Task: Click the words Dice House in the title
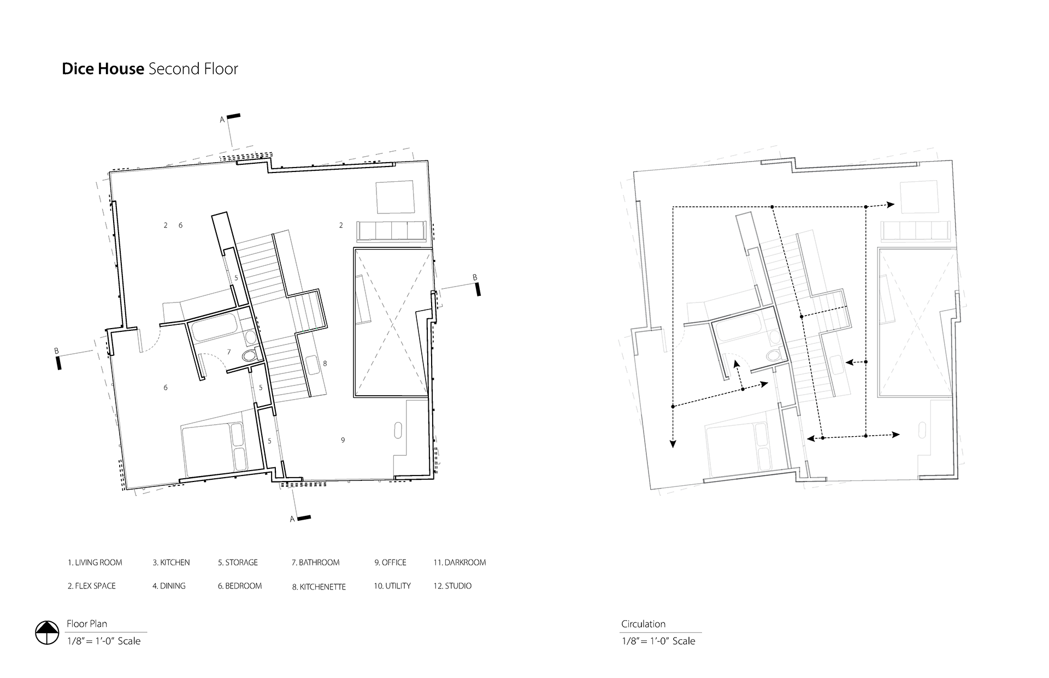(x=103, y=69)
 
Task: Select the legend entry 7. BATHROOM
(x=315, y=562)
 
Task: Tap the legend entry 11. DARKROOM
(x=459, y=562)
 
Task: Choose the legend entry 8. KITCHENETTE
(x=319, y=587)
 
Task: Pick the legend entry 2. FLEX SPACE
(x=92, y=586)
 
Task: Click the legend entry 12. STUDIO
(x=452, y=586)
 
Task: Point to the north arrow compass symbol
(x=47, y=633)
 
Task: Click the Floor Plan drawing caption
(x=87, y=624)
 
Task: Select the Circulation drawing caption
(x=643, y=624)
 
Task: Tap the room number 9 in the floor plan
(x=343, y=440)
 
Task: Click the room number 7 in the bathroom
(x=229, y=352)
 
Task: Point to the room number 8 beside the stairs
(x=325, y=364)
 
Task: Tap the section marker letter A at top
(x=222, y=120)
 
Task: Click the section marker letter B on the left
(x=56, y=351)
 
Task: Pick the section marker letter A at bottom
(x=292, y=519)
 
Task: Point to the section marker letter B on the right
(x=475, y=278)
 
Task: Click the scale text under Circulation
(x=658, y=641)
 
